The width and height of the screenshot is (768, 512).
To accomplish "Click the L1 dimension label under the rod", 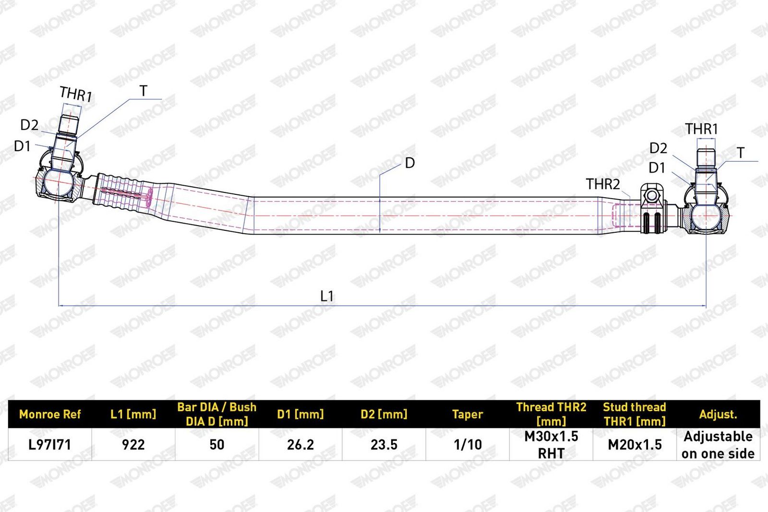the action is [x=327, y=296].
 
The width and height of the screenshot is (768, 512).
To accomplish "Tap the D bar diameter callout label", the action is [x=410, y=163].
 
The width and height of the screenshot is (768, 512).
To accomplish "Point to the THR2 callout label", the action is [x=603, y=184].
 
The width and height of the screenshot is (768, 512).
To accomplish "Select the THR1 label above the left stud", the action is [x=76, y=94].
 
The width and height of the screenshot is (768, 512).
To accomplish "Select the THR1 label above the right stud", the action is [x=701, y=129].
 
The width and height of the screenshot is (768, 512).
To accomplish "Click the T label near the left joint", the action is [x=144, y=91].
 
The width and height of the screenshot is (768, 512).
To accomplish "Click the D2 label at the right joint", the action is [x=658, y=148].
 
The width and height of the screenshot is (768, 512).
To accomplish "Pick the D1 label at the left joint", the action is [x=23, y=146].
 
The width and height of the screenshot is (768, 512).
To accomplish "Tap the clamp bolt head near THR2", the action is [x=651, y=196].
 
